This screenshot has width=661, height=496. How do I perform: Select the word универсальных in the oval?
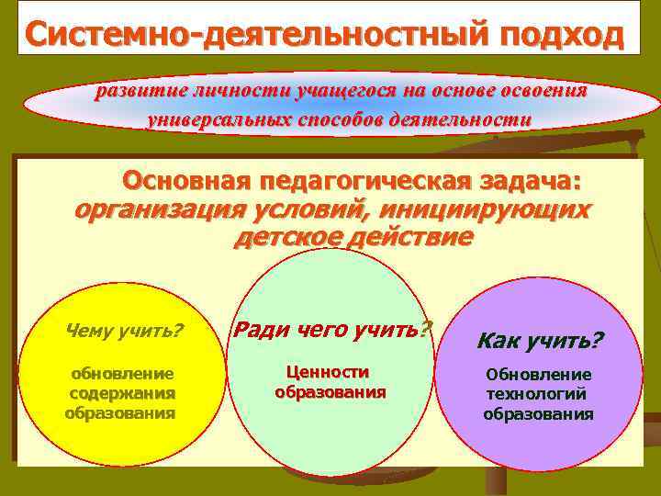[x=217, y=119]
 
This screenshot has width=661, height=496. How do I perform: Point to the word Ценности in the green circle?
[x=328, y=372]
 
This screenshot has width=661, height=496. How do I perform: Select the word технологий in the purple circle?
[x=538, y=394]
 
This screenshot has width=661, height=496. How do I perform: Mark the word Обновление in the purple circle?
[x=539, y=375]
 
